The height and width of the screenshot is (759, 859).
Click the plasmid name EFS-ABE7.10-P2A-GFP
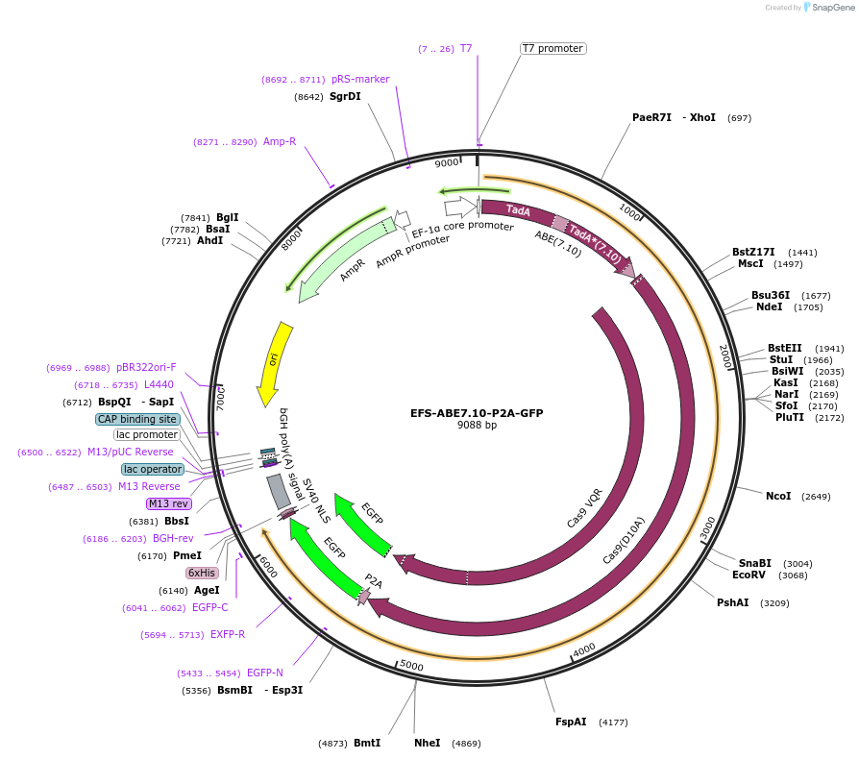coord(477,413)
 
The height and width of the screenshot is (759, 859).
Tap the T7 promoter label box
coord(552,48)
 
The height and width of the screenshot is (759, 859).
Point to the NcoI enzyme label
coord(778,496)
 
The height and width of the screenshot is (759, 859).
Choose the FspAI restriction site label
coord(571,722)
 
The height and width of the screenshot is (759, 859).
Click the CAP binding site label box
coord(137,419)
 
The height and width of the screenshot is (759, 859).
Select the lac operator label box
coord(153,469)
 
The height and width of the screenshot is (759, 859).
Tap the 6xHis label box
coord(203,573)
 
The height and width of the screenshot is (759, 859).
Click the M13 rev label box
coord(169,503)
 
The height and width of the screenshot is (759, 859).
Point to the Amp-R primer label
coord(280,141)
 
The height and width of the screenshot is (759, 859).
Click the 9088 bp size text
coord(477,425)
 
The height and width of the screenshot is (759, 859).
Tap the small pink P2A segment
coord(364,597)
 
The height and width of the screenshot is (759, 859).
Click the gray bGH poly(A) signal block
coord(279,491)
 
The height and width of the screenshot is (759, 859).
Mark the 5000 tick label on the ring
coord(411,665)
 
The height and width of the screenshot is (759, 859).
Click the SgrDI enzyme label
coord(345,96)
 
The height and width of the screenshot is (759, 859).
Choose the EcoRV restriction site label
coord(749,575)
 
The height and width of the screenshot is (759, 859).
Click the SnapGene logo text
coord(832,8)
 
